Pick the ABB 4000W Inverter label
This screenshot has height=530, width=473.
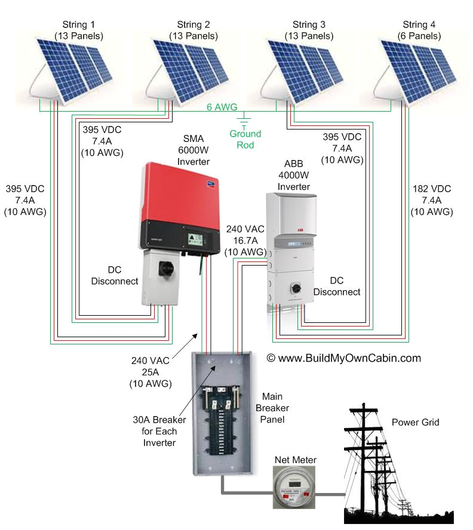[293, 173]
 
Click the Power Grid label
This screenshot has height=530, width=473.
[415, 422]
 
